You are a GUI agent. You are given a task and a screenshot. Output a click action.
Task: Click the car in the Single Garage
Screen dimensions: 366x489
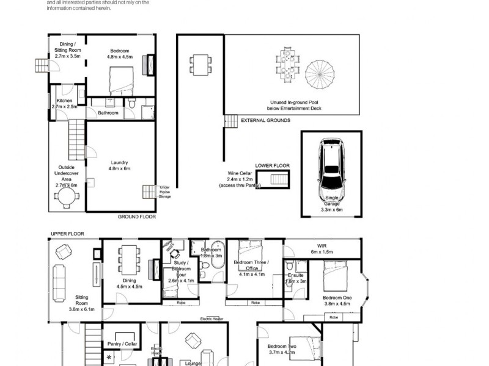click(x=331, y=167)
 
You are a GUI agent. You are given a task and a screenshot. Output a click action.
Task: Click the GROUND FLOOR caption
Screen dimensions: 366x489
click(x=138, y=217)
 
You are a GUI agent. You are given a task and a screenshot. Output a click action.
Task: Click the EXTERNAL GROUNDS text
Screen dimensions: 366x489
click(x=266, y=121)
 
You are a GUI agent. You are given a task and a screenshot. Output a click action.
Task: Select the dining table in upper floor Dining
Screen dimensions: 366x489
click(x=129, y=259)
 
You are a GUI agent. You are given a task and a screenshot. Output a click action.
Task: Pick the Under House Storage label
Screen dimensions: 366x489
click(x=165, y=192)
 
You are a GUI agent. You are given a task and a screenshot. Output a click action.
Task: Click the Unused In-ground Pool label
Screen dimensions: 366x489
click(x=295, y=106)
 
